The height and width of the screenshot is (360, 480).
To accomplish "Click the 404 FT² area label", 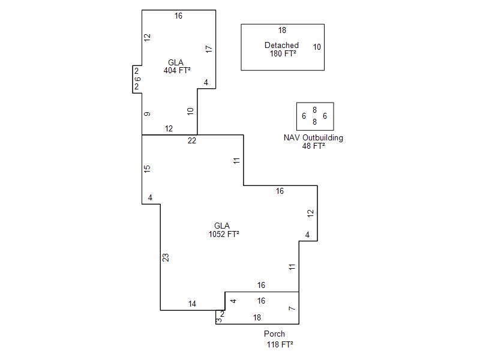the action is point(177,70).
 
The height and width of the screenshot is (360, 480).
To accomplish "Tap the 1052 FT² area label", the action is point(224,234).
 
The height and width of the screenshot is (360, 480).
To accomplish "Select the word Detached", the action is point(281,46).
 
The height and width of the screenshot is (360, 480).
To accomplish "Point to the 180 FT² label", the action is point(283,53).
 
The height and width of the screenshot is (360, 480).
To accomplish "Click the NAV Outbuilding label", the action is point(313,138).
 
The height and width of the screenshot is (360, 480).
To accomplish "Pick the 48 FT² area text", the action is point(313,146).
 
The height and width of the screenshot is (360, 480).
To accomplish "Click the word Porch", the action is point(274,334).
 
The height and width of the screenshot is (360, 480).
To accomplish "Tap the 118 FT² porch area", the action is point(280,344).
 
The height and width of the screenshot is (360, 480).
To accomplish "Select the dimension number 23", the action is point(166,258).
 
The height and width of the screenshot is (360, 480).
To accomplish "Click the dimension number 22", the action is point(192,140).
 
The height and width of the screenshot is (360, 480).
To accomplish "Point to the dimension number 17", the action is point(209,49).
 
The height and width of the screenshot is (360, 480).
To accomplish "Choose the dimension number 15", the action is point(147,169).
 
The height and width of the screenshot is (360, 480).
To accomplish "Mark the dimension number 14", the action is point(192,304).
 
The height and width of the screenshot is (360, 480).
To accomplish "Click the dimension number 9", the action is point(147,114).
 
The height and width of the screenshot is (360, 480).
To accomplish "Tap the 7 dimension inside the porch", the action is point(292,308).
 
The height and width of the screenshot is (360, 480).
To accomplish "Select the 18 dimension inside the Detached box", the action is point(282,30).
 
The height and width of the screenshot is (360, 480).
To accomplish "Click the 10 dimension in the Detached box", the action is point(317,47).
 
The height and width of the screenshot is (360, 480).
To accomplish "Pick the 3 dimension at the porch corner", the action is point(219,320).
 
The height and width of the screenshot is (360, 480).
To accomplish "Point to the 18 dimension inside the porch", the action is point(257,317).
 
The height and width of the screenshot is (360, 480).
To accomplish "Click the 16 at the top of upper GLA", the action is point(178,16).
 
